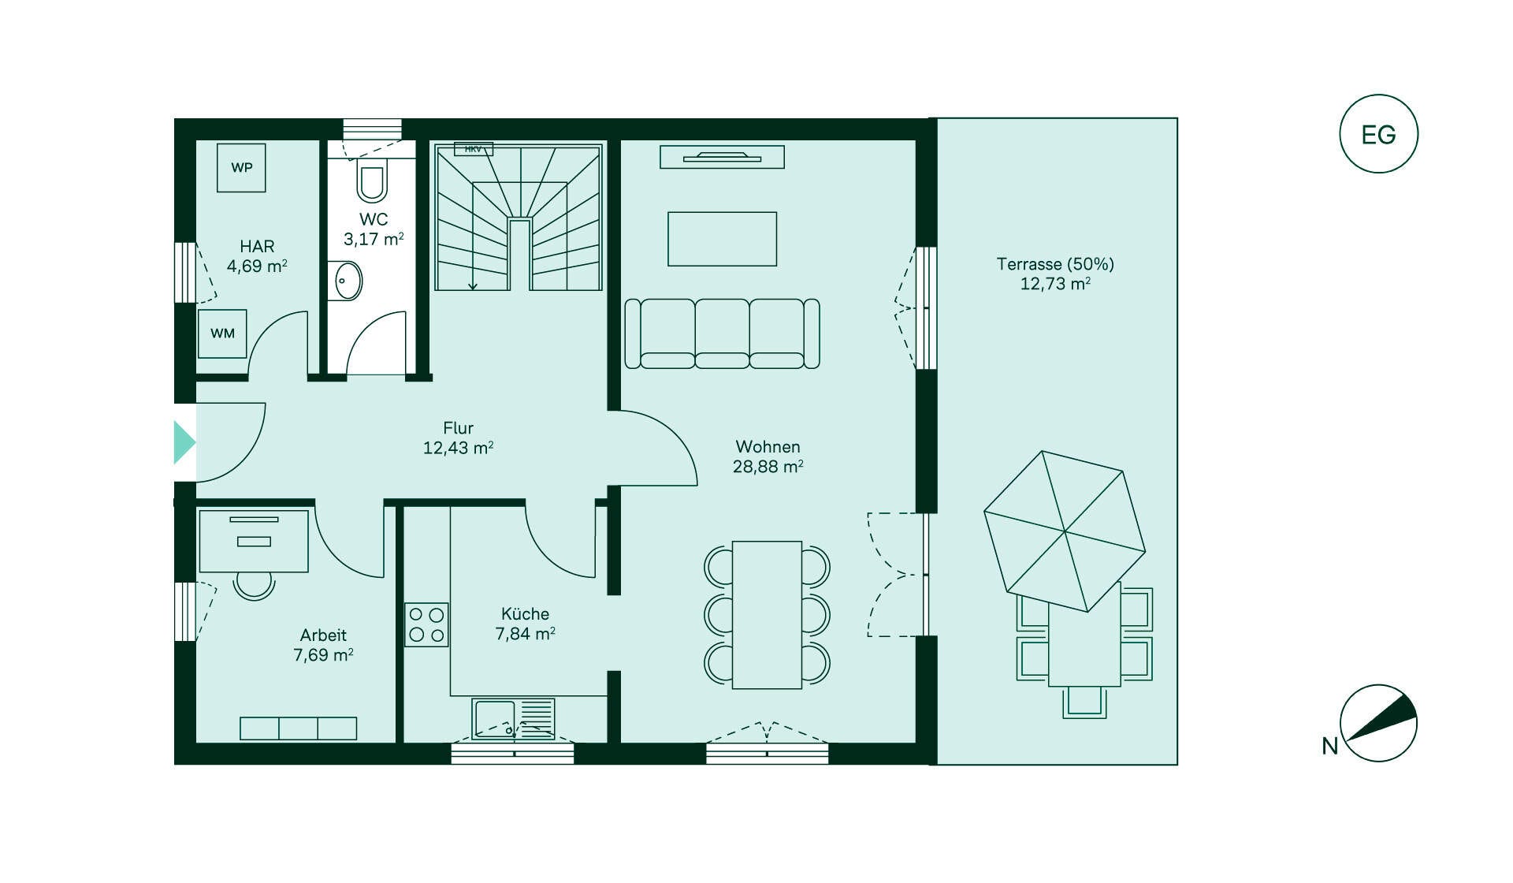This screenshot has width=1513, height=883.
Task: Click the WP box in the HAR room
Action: (x=241, y=167)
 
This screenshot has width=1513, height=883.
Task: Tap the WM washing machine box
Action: (x=222, y=333)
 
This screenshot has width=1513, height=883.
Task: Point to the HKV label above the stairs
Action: (x=473, y=149)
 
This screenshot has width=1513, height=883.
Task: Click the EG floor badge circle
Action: (x=1378, y=134)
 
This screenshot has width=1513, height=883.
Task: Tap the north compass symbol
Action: (x=1378, y=723)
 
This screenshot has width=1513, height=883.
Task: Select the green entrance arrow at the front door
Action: (x=184, y=442)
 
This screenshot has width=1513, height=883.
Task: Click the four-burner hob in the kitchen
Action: (x=426, y=624)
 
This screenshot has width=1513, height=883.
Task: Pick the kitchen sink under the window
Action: (x=513, y=719)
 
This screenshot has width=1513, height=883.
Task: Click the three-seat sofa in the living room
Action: (x=722, y=333)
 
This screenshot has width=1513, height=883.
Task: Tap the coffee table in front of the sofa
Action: (x=722, y=239)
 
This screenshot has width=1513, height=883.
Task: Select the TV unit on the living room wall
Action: (x=722, y=157)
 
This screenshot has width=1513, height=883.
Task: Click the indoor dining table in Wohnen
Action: (x=767, y=615)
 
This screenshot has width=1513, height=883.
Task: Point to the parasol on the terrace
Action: (x=1065, y=531)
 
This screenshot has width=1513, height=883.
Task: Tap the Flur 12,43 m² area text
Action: (x=458, y=438)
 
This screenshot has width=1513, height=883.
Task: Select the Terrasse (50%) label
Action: (x=1055, y=264)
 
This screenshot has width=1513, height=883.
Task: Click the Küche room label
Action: (x=525, y=613)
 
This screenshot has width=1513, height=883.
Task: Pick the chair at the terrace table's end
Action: (x=1084, y=702)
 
